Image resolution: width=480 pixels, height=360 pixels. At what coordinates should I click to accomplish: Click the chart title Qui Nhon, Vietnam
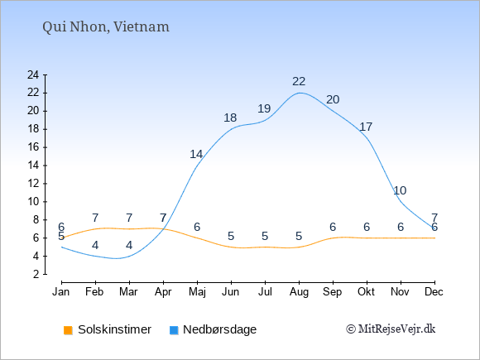tap(106, 27)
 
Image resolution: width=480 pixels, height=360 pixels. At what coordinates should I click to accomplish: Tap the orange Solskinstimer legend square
tap(68, 330)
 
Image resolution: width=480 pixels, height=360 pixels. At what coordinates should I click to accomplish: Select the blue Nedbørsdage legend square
tap(174, 330)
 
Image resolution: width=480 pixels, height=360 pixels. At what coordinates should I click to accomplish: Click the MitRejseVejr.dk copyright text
tap(391, 329)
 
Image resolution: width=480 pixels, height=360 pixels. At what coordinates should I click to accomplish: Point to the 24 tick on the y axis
tap(33, 74)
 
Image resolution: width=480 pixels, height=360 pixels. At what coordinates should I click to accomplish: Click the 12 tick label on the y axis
tap(33, 184)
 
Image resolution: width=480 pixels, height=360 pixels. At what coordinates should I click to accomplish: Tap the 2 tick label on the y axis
tap(36, 274)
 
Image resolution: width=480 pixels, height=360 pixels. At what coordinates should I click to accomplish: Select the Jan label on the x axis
tap(61, 292)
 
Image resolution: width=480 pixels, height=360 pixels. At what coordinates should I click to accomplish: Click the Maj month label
tap(197, 292)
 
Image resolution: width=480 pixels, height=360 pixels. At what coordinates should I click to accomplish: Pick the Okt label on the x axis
tap(366, 292)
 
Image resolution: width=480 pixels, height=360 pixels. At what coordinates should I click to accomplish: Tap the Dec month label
tap(434, 292)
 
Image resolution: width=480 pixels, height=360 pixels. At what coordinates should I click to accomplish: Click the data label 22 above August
tap(299, 81)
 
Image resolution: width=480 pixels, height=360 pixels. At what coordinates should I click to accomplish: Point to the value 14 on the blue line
tap(196, 154)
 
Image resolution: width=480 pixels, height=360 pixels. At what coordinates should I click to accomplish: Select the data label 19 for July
tap(264, 108)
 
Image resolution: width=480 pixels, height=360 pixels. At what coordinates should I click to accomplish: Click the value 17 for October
tap(366, 127)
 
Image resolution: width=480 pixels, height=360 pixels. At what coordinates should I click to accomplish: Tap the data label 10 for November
tap(400, 190)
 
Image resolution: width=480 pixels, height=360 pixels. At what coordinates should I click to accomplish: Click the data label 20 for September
tap(333, 99)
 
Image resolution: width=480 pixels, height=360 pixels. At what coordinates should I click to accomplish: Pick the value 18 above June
tap(230, 118)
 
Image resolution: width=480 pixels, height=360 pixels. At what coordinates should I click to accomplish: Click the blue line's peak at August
tap(299, 93)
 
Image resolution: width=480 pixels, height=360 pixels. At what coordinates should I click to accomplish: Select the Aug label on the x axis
tap(299, 292)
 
